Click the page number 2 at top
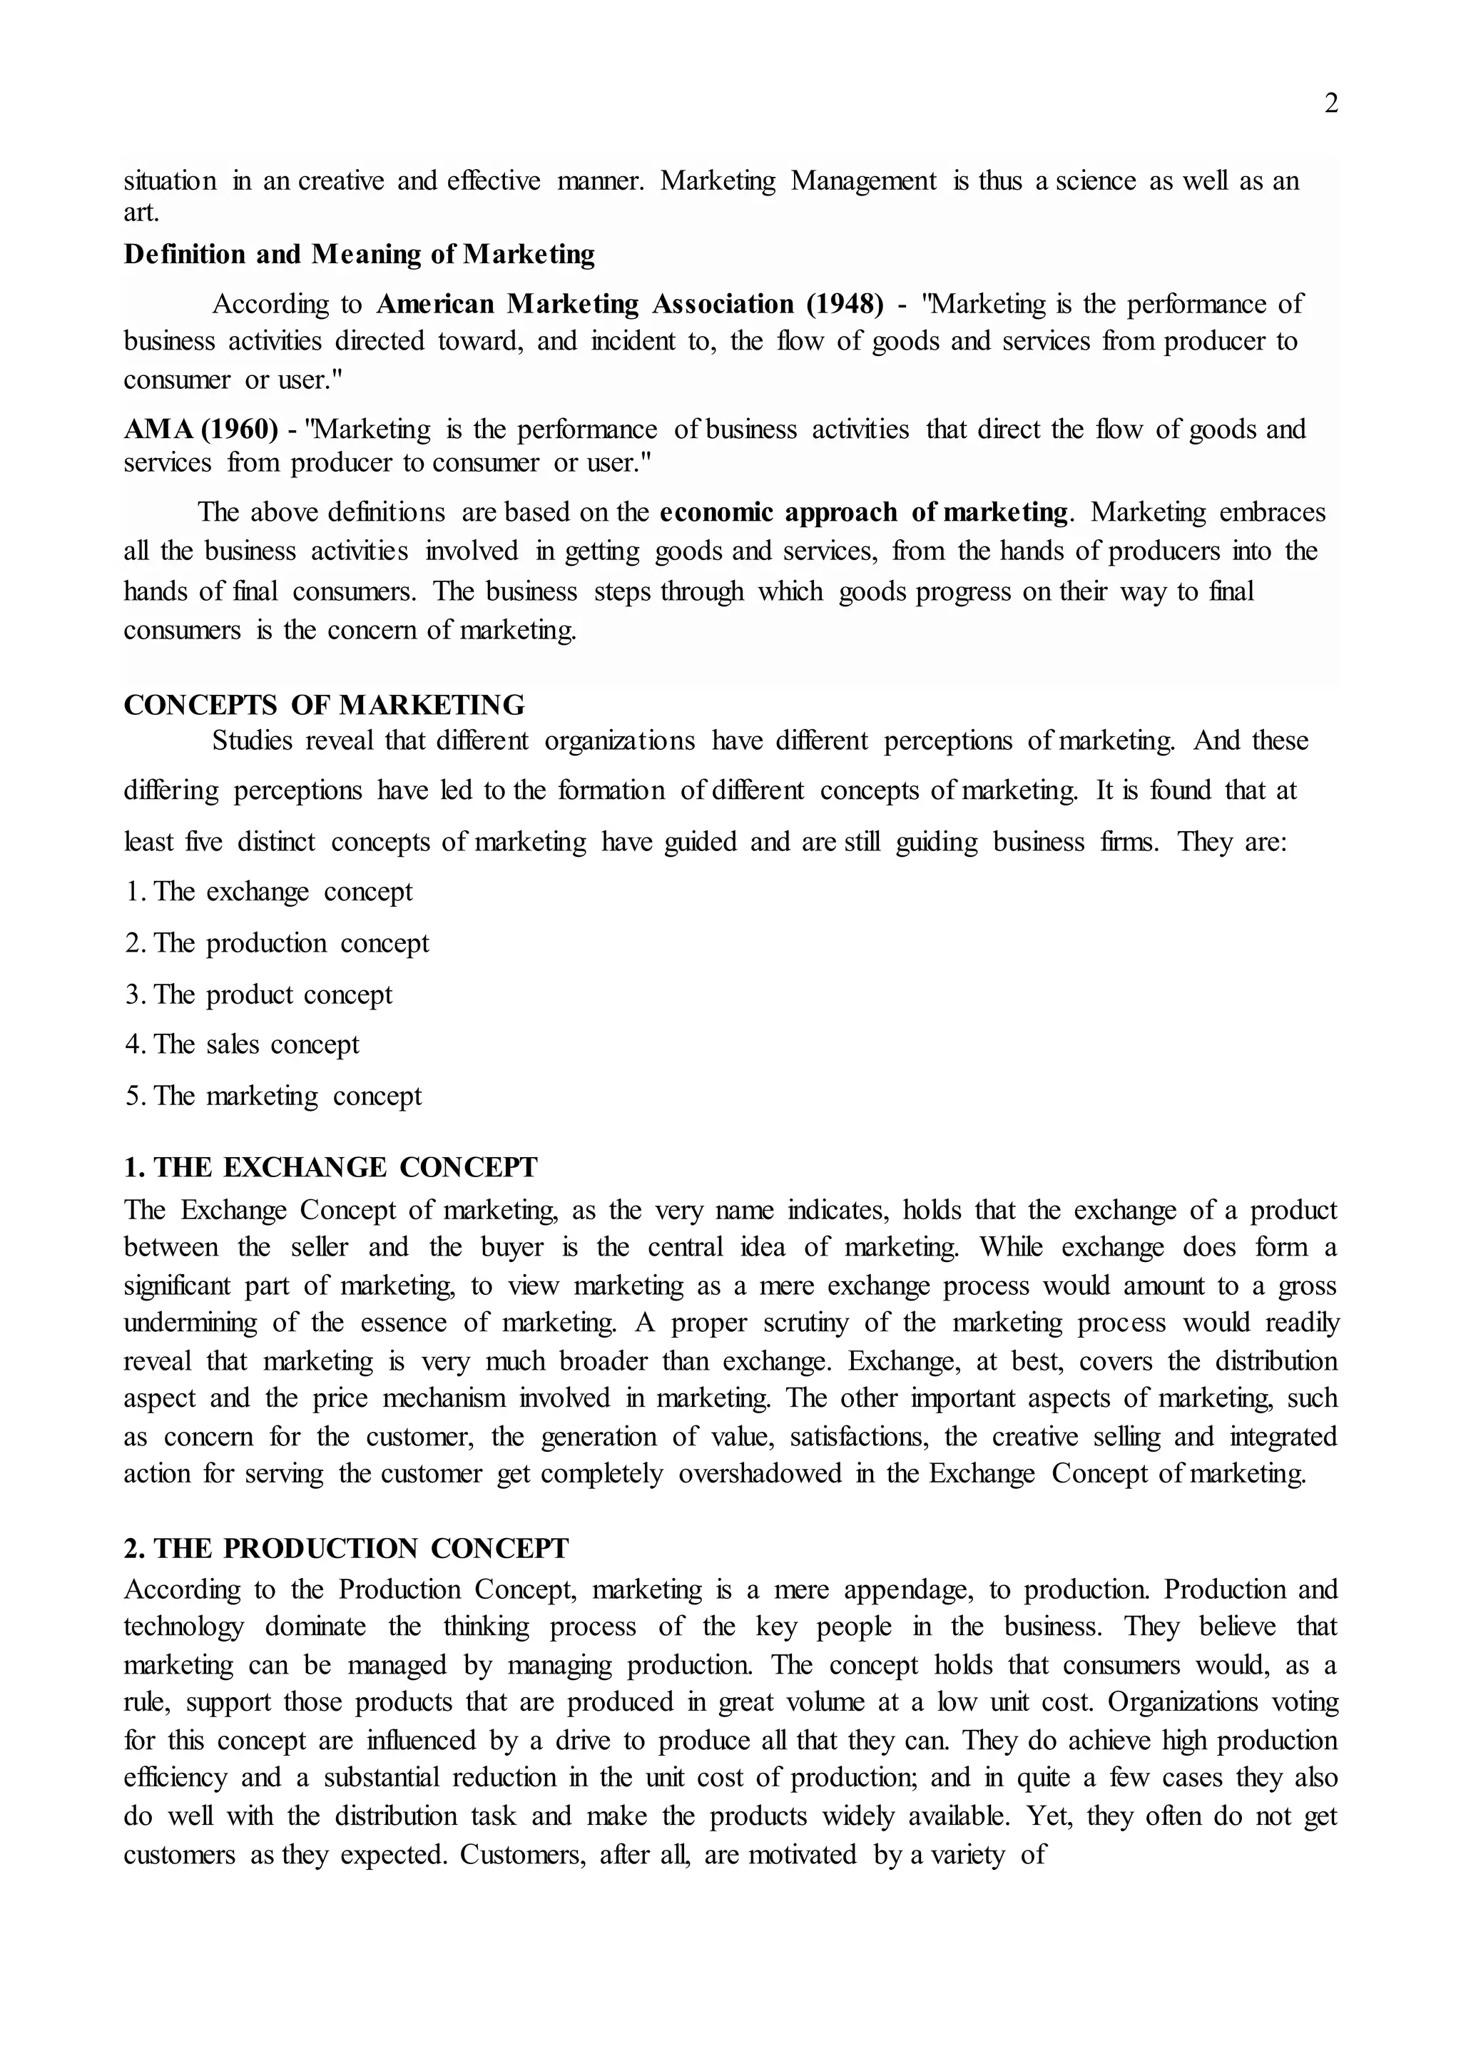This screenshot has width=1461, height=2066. (x=1331, y=104)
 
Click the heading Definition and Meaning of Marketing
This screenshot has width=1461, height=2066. (x=359, y=255)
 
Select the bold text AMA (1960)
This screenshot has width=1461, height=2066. (x=200, y=429)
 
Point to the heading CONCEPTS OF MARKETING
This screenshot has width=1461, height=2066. (x=324, y=705)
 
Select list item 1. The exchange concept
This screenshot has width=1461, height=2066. (x=269, y=892)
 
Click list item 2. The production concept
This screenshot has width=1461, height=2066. (x=277, y=943)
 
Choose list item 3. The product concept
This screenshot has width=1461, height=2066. (x=259, y=994)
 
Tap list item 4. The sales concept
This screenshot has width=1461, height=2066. (x=242, y=1044)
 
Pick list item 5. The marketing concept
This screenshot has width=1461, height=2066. (x=273, y=1096)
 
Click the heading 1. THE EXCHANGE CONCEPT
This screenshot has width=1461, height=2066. (x=330, y=1167)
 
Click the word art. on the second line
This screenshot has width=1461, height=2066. (x=141, y=213)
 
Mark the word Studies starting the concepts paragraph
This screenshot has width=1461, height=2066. (x=252, y=741)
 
